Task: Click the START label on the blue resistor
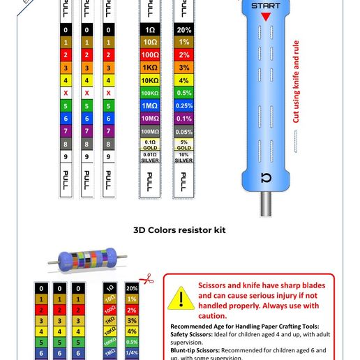[266, 7]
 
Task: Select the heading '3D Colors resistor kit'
[179, 230]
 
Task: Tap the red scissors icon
[147, 278]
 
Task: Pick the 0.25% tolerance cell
[183, 105]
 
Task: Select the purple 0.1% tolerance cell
[183, 119]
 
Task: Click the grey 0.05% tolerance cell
[183, 131]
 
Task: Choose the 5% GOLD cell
[183, 144]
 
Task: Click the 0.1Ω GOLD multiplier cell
[150, 144]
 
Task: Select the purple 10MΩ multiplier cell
[150, 119]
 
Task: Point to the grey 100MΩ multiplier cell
[150, 131]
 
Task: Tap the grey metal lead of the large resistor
[266, 204]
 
